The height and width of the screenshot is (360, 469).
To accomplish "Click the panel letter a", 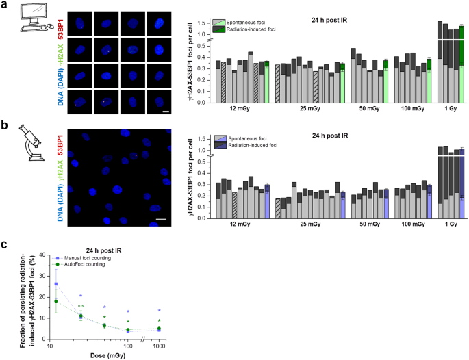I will pyautogui.click(x=5, y=5).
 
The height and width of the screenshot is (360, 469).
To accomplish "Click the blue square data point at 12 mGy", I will pyautogui.click(x=55, y=283).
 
